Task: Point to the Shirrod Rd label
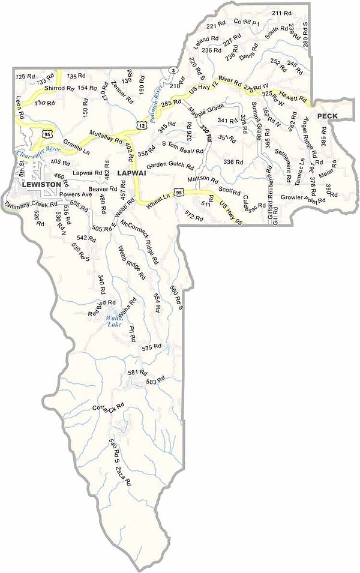(59, 89)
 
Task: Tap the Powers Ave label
(75, 194)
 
